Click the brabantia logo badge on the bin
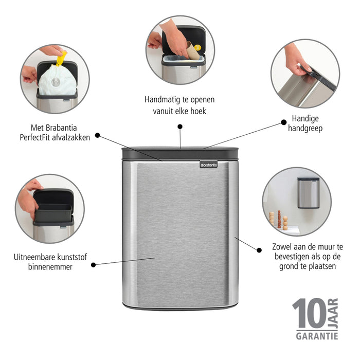click(x=208, y=165)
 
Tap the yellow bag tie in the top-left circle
click(x=61, y=58)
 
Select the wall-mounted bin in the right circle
click(x=308, y=192)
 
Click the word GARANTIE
click(x=316, y=336)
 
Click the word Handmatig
click(x=163, y=99)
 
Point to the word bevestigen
click(x=300, y=256)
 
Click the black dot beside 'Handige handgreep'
click(x=283, y=122)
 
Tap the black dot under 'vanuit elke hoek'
click(x=180, y=126)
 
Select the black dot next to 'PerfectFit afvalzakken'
click(x=97, y=136)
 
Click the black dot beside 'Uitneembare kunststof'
click(x=93, y=265)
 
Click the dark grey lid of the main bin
click(x=180, y=153)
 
